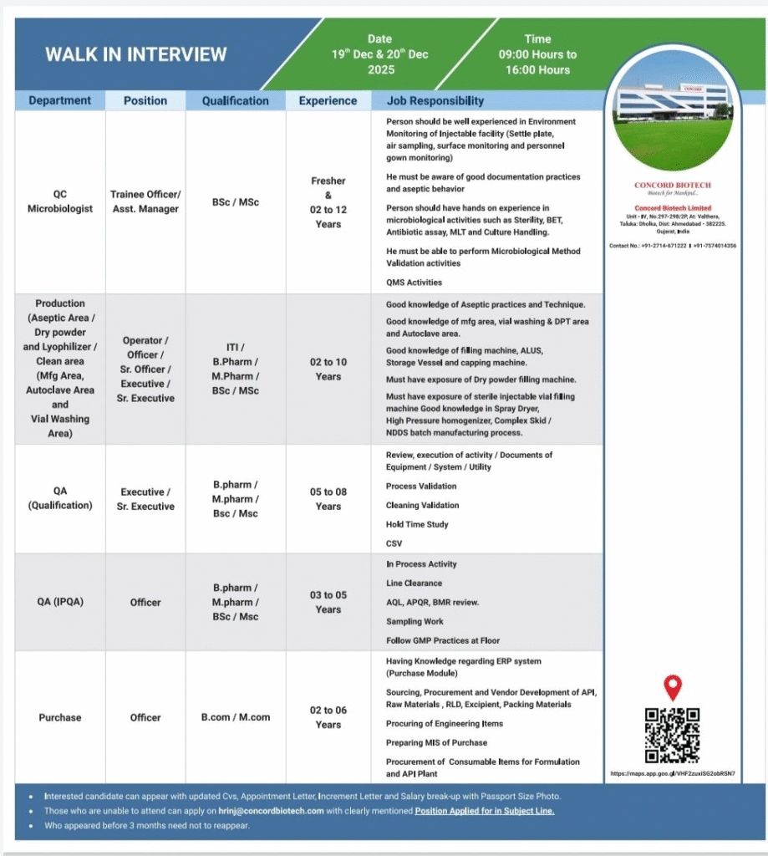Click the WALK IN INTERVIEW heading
135,55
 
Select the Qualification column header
235,101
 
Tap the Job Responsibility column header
435,101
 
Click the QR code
672,736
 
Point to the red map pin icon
672,688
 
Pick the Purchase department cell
60,717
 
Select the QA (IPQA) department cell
60,602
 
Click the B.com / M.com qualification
235,717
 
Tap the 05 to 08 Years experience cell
328,499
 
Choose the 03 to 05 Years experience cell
328,602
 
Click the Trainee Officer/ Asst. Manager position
145,201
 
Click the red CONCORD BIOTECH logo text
673,186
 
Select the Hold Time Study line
417,524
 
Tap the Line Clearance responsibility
414,583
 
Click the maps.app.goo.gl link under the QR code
672,773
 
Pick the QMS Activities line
414,283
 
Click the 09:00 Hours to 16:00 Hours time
537,63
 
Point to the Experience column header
328,101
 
